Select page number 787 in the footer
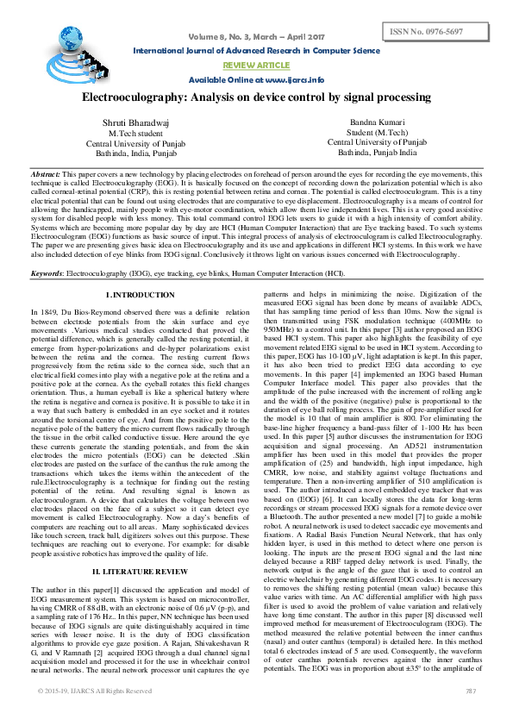click(471, 715)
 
